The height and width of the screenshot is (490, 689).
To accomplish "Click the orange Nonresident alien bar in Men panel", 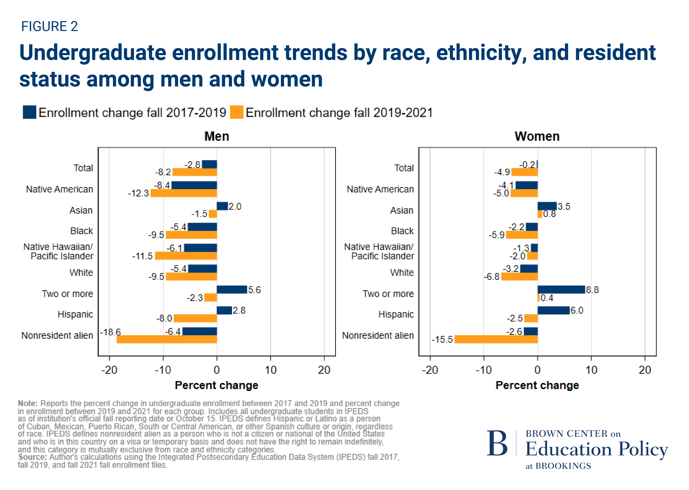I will point(167,339).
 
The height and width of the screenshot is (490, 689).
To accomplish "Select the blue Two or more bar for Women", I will point(561,290).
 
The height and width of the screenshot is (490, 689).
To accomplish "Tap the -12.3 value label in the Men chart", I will point(138,193).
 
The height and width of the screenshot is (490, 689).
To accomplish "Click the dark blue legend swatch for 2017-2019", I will point(30,112).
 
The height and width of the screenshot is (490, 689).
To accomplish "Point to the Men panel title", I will point(217,136).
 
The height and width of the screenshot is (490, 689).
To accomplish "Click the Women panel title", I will point(537,136).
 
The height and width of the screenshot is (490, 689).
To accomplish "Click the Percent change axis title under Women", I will point(537,385).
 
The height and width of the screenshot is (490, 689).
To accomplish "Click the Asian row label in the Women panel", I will point(402,210).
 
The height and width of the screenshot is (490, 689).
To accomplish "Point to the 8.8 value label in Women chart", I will point(592,290).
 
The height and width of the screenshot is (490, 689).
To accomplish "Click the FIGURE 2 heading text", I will point(49,27).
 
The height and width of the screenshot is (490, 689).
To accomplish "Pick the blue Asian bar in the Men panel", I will point(222,206).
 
